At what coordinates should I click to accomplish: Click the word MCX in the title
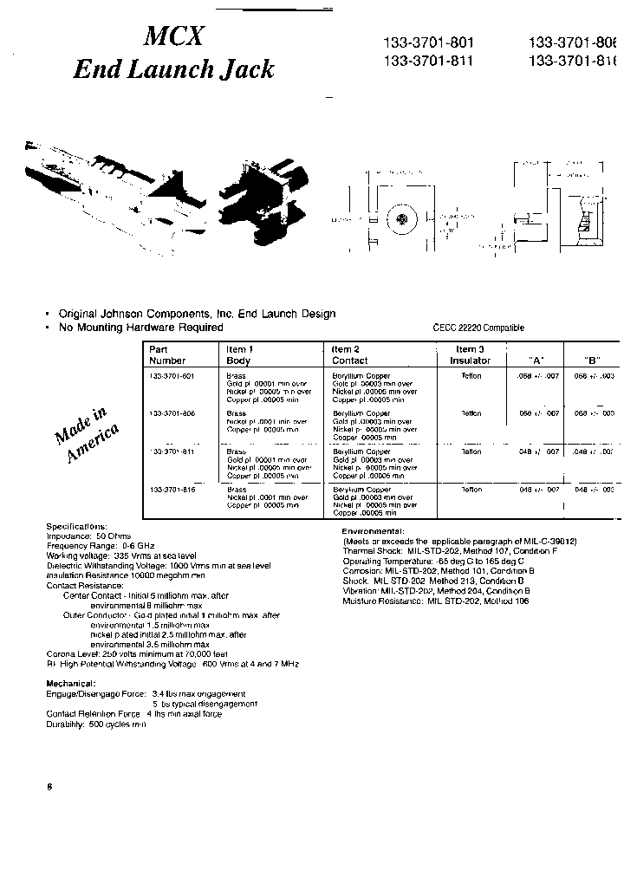tap(174, 36)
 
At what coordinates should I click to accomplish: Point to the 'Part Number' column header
tap(167, 354)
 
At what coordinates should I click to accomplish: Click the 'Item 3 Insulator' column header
tap(471, 354)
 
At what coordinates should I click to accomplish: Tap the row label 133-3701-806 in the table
tap(172, 413)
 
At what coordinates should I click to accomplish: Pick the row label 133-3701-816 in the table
tap(172, 490)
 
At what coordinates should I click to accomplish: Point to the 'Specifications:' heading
tap(77, 526)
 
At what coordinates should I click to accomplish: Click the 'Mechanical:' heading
tap(71, 684)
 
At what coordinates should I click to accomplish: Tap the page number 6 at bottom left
tap(50, 787)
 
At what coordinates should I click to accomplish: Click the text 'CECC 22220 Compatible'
tap(478, 328)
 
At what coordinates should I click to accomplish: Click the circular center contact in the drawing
tap(401, 219)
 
